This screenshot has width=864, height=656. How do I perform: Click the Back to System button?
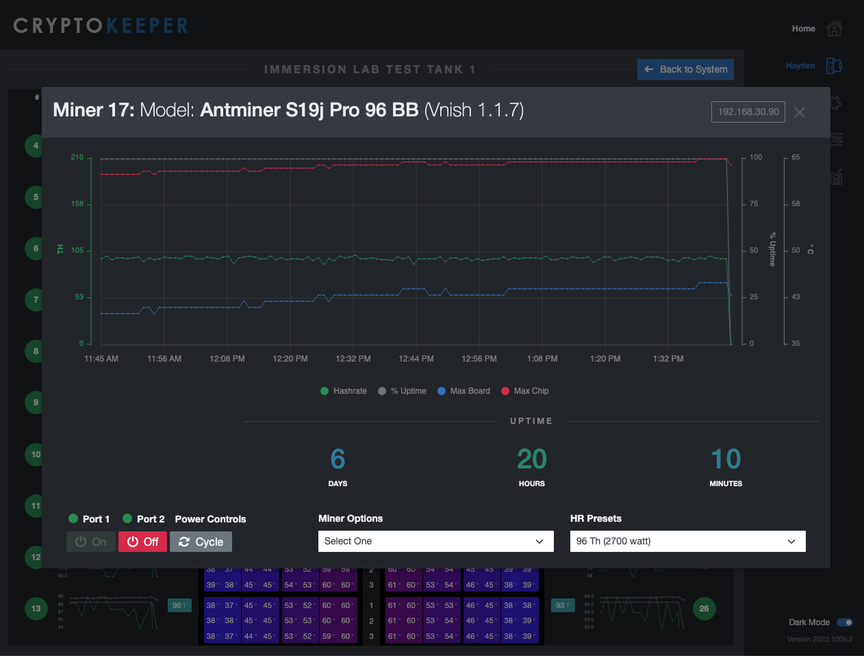tap(685, 69)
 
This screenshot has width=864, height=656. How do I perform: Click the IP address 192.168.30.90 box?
tap(748, 112)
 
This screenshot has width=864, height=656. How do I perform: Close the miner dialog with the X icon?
tap(799, 112)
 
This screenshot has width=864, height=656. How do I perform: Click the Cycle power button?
tap(201, 542)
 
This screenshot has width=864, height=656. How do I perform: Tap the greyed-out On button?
tap(91, 542)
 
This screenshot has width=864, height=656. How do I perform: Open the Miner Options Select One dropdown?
tap(435, 541)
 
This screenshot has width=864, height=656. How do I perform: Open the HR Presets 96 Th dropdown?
tap(687, 541)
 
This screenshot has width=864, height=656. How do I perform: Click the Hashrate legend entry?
tap(344, 391)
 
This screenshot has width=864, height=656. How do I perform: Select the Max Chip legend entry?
tap(525, 391)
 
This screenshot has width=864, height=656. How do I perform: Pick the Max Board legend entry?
tap(464, 391)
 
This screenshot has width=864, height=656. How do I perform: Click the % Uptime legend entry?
tap(403, 391)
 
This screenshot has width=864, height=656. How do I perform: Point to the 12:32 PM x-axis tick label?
tap(353, 359)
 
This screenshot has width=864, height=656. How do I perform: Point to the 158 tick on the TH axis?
tap(77, 204)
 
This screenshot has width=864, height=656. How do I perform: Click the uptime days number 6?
tap(338, 459)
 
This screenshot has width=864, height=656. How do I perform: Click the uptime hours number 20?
tap(531, 459)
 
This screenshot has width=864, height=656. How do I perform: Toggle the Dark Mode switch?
tap(845, 622)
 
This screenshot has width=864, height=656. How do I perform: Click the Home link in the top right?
tap(803, 29)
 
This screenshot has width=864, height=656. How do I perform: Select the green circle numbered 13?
tap(36, 608)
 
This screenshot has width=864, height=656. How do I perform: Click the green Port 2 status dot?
tap(127, 518)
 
